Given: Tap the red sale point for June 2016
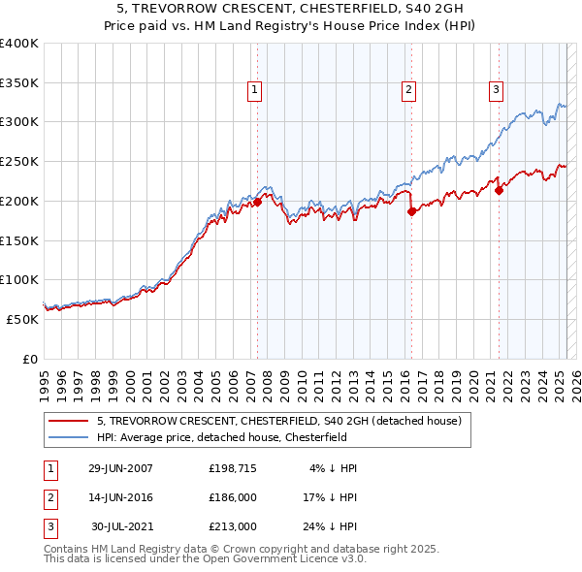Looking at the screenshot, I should [411, 211].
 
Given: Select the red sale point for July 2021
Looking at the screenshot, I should [499, 190].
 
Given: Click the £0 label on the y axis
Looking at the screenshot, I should [29, 359].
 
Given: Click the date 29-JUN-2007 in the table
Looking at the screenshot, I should [120, 467].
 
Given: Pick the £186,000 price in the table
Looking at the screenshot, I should [233, 497].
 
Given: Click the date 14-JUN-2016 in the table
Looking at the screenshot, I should [120, 497].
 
